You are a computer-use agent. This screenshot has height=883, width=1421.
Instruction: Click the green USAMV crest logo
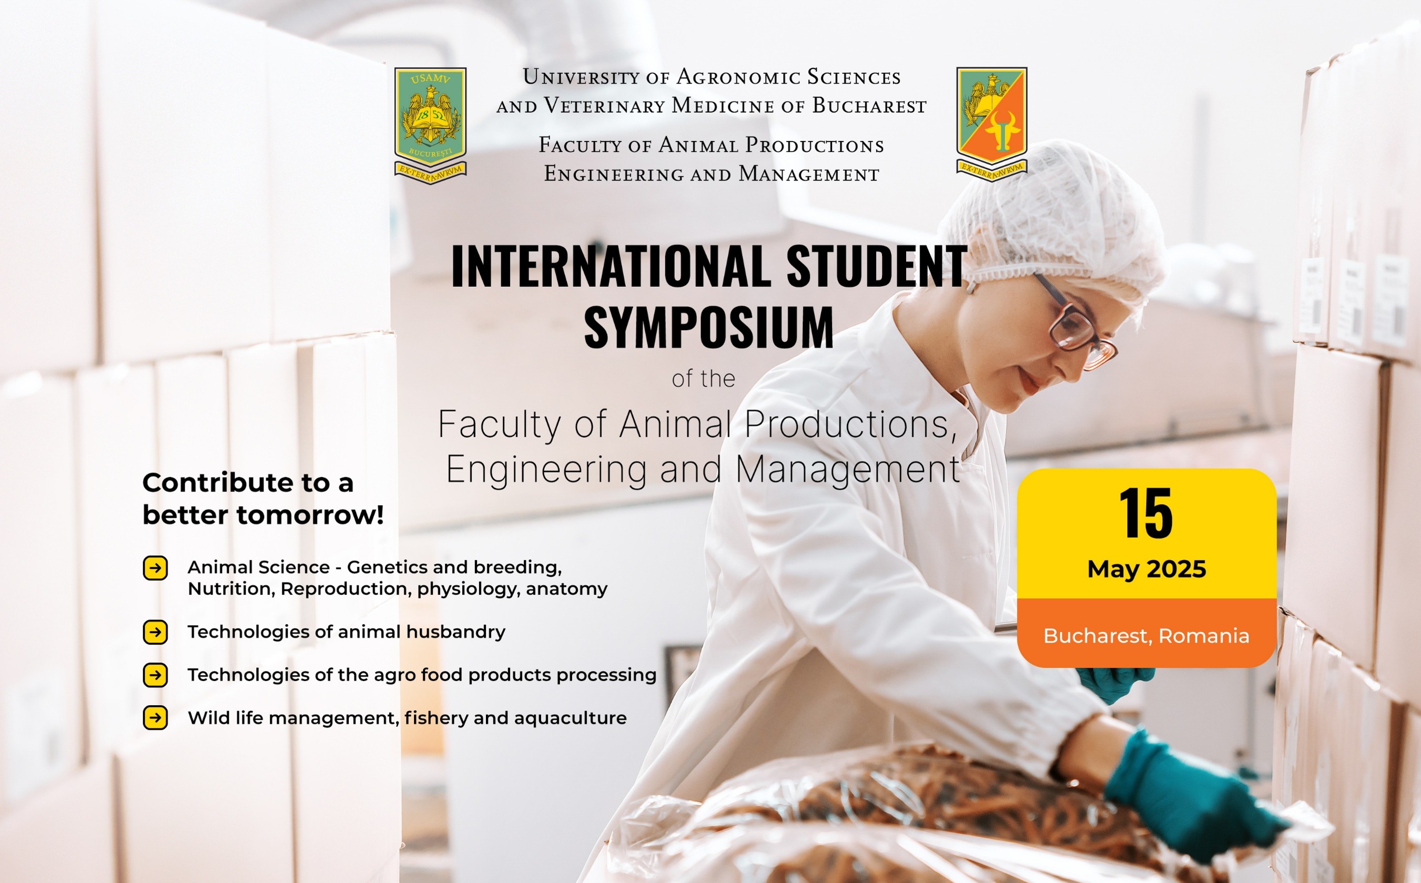point(431,125)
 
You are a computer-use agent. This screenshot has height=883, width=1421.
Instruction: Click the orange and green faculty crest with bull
point(991,124)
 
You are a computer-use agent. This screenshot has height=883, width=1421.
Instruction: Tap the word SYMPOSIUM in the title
point(709,328)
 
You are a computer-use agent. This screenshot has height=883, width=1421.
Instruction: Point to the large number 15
point(1146,514)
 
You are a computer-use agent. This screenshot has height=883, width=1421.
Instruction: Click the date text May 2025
point(1146,569)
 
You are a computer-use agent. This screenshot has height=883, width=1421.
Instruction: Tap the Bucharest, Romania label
point(1146,635)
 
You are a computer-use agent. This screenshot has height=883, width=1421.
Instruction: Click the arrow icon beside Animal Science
point(155,568)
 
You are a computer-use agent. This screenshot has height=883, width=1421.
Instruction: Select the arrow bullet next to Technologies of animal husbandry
point(155,632)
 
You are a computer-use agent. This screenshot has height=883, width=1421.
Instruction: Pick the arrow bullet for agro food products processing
point(155,675)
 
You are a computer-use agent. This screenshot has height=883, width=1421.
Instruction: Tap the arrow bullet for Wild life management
point(155,718)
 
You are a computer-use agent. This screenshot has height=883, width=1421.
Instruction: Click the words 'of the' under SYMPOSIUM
point(703,379)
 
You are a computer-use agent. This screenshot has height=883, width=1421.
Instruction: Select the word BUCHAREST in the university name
point(869,106)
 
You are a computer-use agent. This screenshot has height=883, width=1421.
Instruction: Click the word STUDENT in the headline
point(877,266)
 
